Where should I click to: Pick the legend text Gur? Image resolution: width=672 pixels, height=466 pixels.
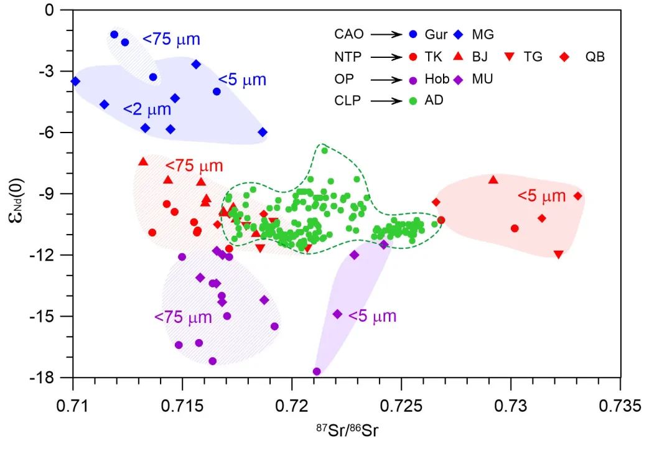tap(437, 35)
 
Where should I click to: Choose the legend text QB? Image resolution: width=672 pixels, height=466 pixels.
tap(594, 57)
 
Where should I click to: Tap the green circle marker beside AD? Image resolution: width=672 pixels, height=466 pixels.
tap(414, 100)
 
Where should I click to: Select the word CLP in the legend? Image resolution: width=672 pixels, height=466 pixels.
tap(347, 100)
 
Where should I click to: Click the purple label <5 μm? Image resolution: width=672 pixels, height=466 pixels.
tap(372, 316)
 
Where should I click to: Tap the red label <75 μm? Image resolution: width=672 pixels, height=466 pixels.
tap(194, 166)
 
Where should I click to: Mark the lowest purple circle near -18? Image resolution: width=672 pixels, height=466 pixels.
tap(317, 371)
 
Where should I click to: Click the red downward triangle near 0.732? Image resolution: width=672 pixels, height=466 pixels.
tap(558, 254)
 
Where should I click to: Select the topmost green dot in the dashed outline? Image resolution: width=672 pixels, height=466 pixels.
tap(324, 150)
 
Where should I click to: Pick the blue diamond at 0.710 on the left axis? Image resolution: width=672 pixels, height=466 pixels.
tap(75, 82)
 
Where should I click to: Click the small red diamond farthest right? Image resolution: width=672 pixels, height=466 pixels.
tap(577, 196)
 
